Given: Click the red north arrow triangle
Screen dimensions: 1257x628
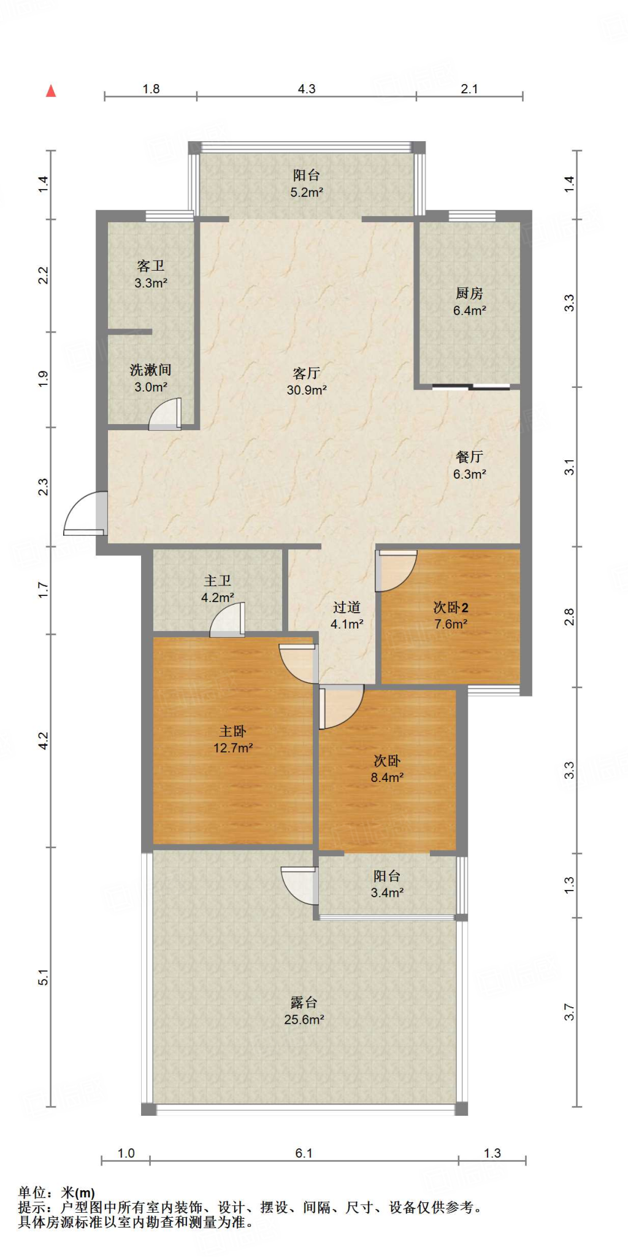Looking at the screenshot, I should click(52, 91).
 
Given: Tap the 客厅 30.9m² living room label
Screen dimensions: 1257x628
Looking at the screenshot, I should click(306, 381).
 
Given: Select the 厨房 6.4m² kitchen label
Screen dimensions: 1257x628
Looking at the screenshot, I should click(469, 301).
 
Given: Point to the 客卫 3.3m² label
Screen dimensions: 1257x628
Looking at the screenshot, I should click(151, 274).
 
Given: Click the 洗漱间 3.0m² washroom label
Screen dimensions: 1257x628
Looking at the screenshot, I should click(151, 378).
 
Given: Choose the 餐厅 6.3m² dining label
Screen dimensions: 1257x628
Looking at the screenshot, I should click(469, 465).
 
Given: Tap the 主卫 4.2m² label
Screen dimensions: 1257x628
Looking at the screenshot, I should click(218, 589).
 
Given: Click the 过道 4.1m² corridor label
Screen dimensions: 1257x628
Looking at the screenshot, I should click(347, 616).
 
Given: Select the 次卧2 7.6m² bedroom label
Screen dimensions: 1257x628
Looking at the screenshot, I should click(451, 616).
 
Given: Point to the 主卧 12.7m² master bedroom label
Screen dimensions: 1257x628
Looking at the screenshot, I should click(233, 739).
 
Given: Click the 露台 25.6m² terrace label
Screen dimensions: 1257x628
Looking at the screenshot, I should click(304, 1011).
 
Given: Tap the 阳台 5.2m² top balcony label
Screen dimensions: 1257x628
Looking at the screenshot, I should click(306, 183).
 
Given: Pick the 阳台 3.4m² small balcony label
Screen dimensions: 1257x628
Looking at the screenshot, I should click(387, 884).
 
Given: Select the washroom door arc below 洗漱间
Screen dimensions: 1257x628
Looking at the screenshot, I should click(166, 415).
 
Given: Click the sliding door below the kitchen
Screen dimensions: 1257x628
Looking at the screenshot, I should click(471, 387).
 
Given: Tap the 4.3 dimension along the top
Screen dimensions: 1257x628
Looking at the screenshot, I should click(307, 89).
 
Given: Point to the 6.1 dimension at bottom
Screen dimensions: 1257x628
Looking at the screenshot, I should click(304, 1153).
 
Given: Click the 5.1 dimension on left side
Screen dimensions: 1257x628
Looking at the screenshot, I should click(43, 978).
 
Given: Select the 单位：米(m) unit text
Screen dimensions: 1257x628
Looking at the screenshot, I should click(56, 1193).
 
